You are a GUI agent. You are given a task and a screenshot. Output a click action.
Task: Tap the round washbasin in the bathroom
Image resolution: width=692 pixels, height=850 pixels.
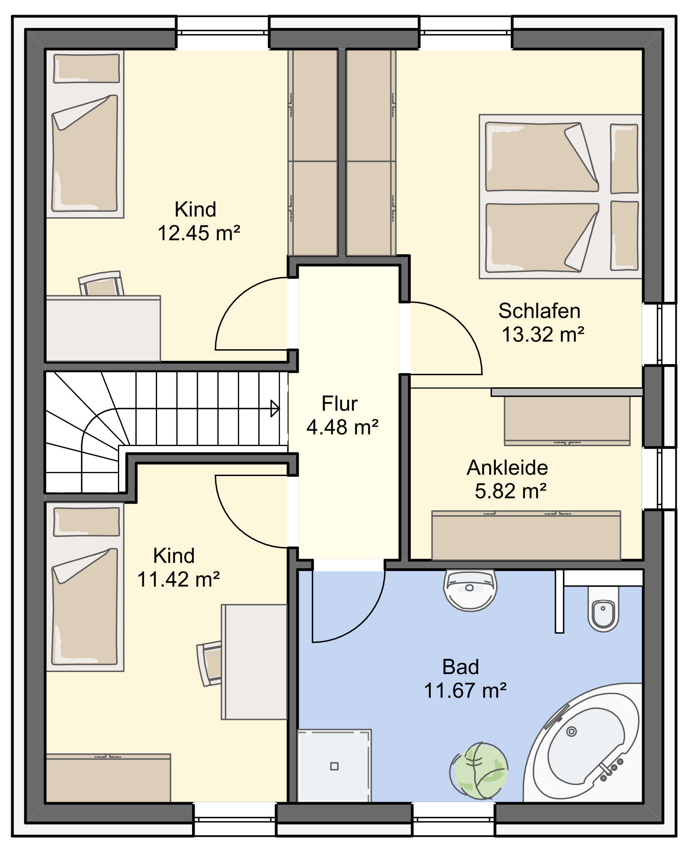click(470, 589)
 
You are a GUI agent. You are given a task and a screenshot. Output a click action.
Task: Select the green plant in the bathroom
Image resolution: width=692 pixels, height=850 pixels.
click(479, 768)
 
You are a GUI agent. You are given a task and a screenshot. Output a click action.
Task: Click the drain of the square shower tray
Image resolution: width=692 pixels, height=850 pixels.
click(334, 766)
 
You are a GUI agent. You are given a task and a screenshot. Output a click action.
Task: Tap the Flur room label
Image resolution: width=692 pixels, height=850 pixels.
click(340, 404)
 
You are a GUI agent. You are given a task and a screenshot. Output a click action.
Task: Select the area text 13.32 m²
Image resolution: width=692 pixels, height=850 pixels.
click(543, 334)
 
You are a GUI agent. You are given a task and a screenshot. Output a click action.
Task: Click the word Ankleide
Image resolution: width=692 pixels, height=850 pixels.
click(507, 467)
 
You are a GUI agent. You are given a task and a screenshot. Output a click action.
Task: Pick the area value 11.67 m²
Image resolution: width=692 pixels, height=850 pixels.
click(465, 690)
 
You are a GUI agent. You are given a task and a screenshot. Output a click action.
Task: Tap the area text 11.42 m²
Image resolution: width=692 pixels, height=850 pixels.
click(178, 579)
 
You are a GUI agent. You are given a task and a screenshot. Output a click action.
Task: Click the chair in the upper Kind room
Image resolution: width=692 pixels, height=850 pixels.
click(101, 283)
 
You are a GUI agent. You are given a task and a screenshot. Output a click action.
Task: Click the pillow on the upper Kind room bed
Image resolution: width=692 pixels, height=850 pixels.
click(87, 68)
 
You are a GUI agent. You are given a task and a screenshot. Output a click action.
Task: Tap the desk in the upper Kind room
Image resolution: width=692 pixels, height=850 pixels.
click(103, 328)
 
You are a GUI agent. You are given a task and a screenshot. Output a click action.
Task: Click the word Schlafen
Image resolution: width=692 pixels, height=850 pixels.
click(540, 311)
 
